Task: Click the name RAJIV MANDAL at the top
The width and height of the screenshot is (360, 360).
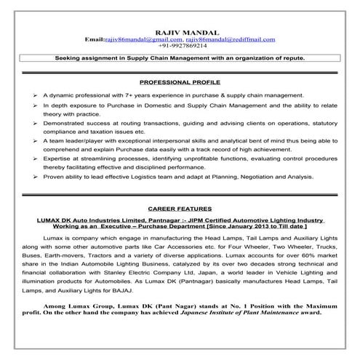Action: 180,31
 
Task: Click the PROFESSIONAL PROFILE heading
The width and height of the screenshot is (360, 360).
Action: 180,81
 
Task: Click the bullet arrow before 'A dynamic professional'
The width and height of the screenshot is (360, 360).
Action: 36,95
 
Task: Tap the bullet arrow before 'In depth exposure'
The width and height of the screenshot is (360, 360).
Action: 36,105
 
